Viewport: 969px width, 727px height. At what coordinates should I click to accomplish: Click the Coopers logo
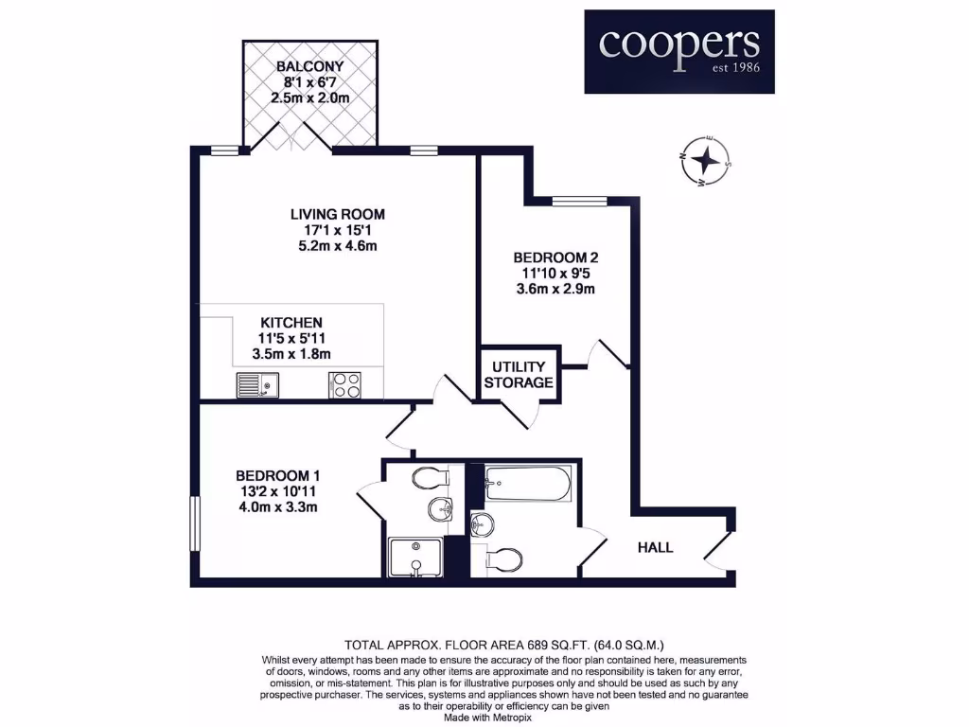point(678,51)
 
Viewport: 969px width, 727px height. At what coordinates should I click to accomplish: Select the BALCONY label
point(310,67)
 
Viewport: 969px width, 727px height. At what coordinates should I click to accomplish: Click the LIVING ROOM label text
point(338,214)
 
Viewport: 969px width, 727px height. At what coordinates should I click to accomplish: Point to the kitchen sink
point(257,385)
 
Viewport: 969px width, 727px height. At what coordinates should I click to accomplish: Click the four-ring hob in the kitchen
point(345,385)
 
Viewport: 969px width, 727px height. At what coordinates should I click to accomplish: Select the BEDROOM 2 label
point(555,257)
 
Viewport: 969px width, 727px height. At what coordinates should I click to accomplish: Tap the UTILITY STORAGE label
point(518,375)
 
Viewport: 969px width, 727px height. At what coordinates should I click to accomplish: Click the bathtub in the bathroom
point(527,485)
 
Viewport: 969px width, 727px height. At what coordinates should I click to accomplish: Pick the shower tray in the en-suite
point(415,557)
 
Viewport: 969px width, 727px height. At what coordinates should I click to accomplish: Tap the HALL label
point(655,547)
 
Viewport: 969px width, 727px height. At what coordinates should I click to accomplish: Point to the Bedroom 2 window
point(579,200)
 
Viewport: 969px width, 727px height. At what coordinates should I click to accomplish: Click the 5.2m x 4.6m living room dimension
point(338,246)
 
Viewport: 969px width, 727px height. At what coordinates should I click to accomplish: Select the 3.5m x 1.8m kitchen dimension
point(292,355)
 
